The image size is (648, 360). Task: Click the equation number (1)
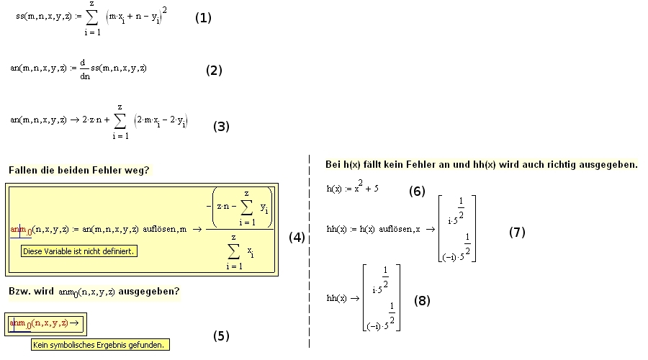pos(203,18)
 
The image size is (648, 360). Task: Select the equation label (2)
pos(214,71)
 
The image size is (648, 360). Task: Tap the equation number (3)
pos(221,127)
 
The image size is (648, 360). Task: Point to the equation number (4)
pos(297,237)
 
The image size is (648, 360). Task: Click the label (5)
pos(221,336)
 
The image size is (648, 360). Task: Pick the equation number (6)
pos(417,192)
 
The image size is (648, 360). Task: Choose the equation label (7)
pos(517,233)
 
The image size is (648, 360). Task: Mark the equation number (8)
pos(422,301)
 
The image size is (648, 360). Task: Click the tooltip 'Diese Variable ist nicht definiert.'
pos(79,251)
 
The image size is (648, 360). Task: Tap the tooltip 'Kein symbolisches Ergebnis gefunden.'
pos(100,345)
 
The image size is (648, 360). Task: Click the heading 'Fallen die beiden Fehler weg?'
pos(79,171)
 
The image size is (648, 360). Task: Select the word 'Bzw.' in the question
pos(19,292)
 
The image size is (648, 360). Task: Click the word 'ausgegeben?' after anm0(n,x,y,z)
pos(149,292)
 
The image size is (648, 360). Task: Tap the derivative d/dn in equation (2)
pos(85,69)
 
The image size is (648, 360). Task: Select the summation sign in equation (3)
pos(120,122)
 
